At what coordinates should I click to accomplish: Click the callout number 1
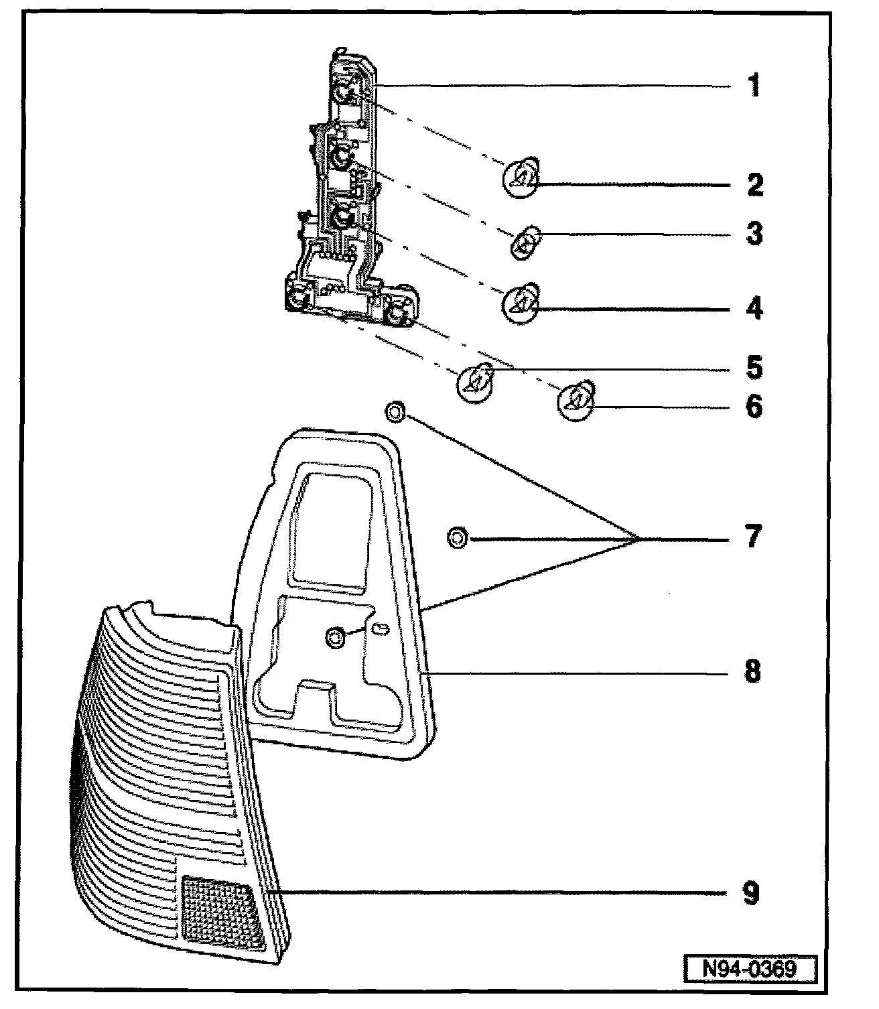point(754,85)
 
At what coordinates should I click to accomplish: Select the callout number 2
point(755,185)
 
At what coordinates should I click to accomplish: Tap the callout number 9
point(751,893)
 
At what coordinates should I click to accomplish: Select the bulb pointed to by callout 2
point(521,177)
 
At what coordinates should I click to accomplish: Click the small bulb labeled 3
point(525,242)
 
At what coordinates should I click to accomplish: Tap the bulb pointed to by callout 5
point(475,382)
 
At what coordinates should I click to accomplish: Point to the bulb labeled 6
point(576,401)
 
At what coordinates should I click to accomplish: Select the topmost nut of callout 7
point(395,412)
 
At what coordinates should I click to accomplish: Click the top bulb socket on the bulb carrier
point(342,92)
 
